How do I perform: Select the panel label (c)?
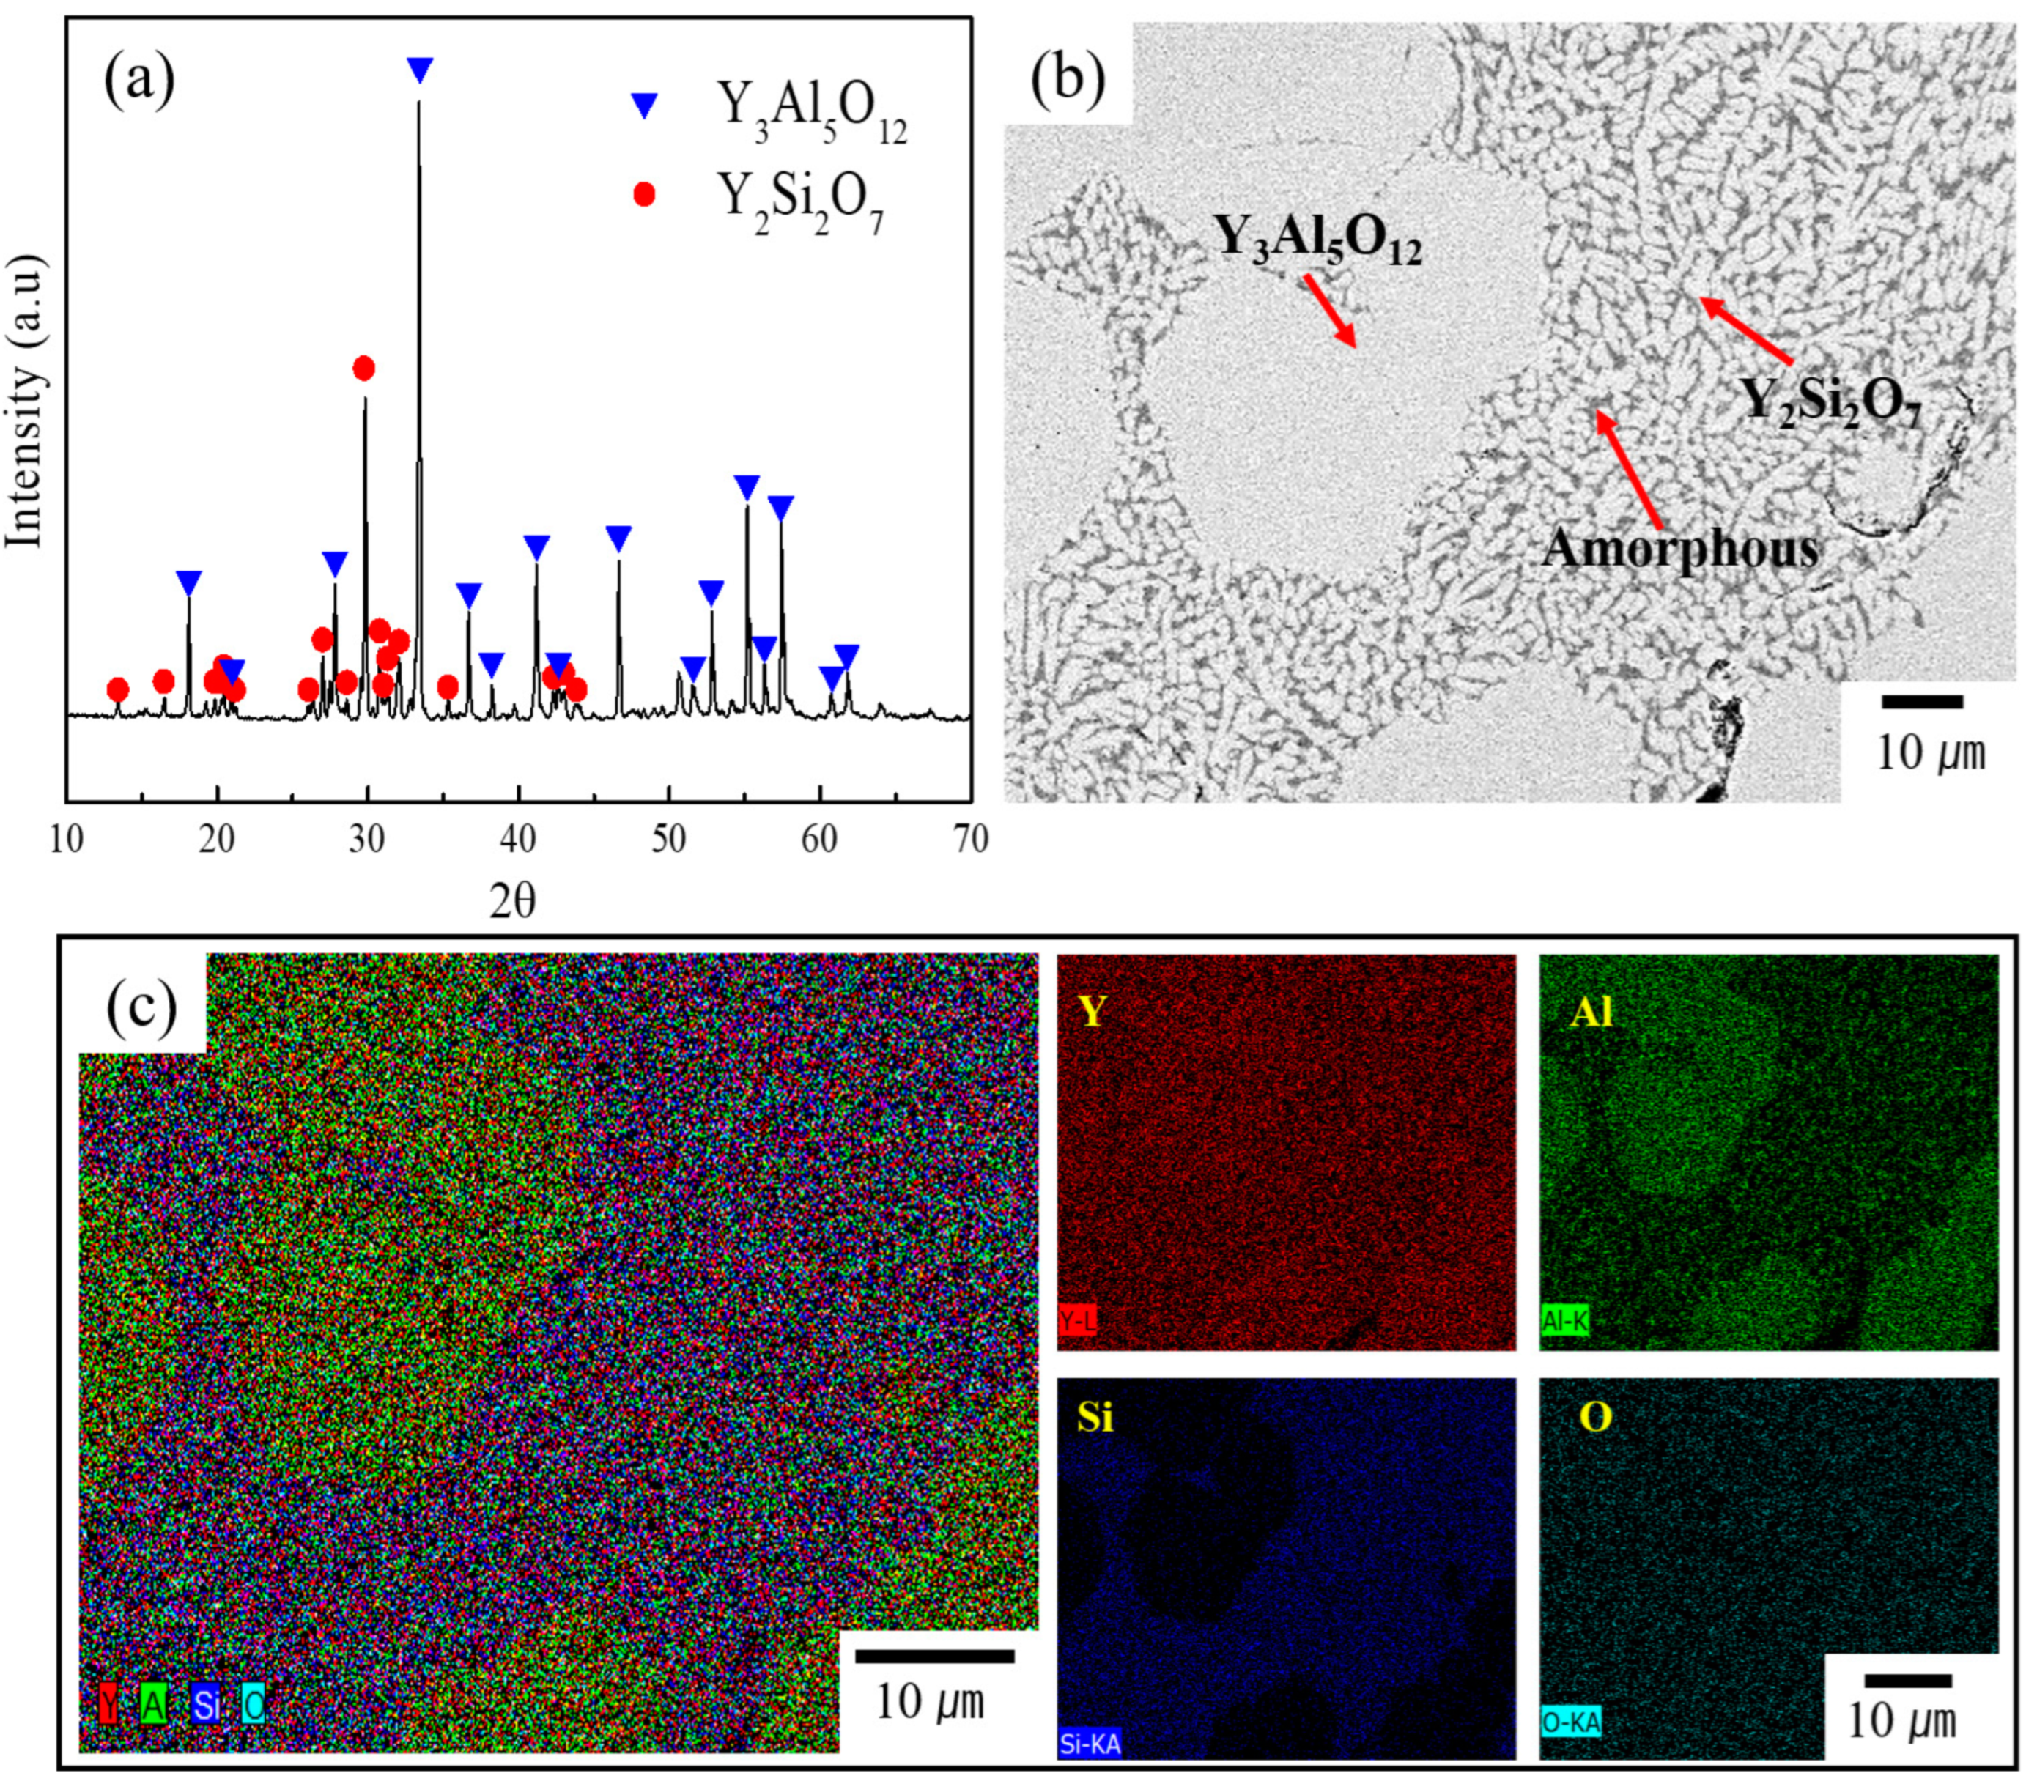pyautogui.click(x=141, y=1007)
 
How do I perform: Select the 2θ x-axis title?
pyautogui.click(x=512, y=901)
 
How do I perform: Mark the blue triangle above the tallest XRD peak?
pyautogui.click(x=421, y=70)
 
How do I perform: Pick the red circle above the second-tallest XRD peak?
pyautogui.click(x=363, y=369)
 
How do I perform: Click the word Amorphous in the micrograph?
pyautogui.click(x=1679, y=548)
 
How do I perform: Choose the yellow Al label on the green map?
pyautogui.click(x=1591, y=1012)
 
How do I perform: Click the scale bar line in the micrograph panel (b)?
pyautogui.click(x=1922, y=702)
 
